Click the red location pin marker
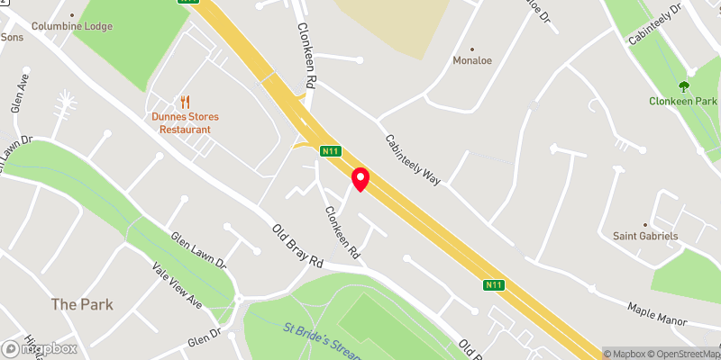pyautogui.click(x=360, y=178)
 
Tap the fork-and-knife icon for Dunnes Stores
pyautogui.click(x=185, y=103)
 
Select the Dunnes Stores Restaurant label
pyautogui.click(x=185, y=123)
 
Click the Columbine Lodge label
pyautogui.click(x=72, y=26)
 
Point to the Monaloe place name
pyautogui.click(x=472, y=62)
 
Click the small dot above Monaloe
pyautogui.click(x=472, y=49)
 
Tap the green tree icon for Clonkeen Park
pyautogui.click(x=683, y=86)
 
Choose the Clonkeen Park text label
pyautogui.click(x=683, y=102)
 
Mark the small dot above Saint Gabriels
pyautogui.click(x=646, y=224)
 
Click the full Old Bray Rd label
pyautogui.click(x=297, y=246)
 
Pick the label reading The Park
pyautogui.click(x=82, y=304)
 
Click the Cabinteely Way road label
pyautogui.click(x=412, y=159)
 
